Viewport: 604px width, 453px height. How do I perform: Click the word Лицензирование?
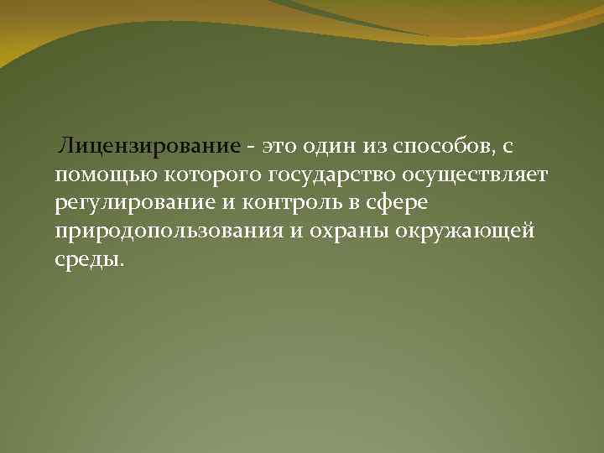[148, 147]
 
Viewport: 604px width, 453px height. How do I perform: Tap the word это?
[282, 147]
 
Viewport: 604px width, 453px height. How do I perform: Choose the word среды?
[88, 259]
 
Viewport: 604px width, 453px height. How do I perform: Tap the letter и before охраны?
[296, 232]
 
